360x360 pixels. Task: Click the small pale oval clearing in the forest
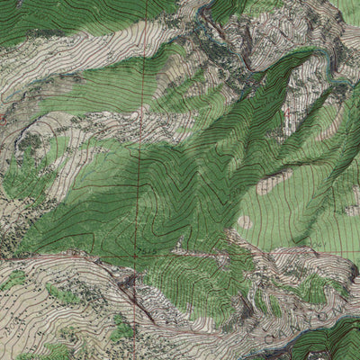click(x=245, y=221)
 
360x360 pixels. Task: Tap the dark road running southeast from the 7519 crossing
click(x=135, y=297)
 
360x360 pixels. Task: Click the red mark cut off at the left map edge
click(x=3, y=117)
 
